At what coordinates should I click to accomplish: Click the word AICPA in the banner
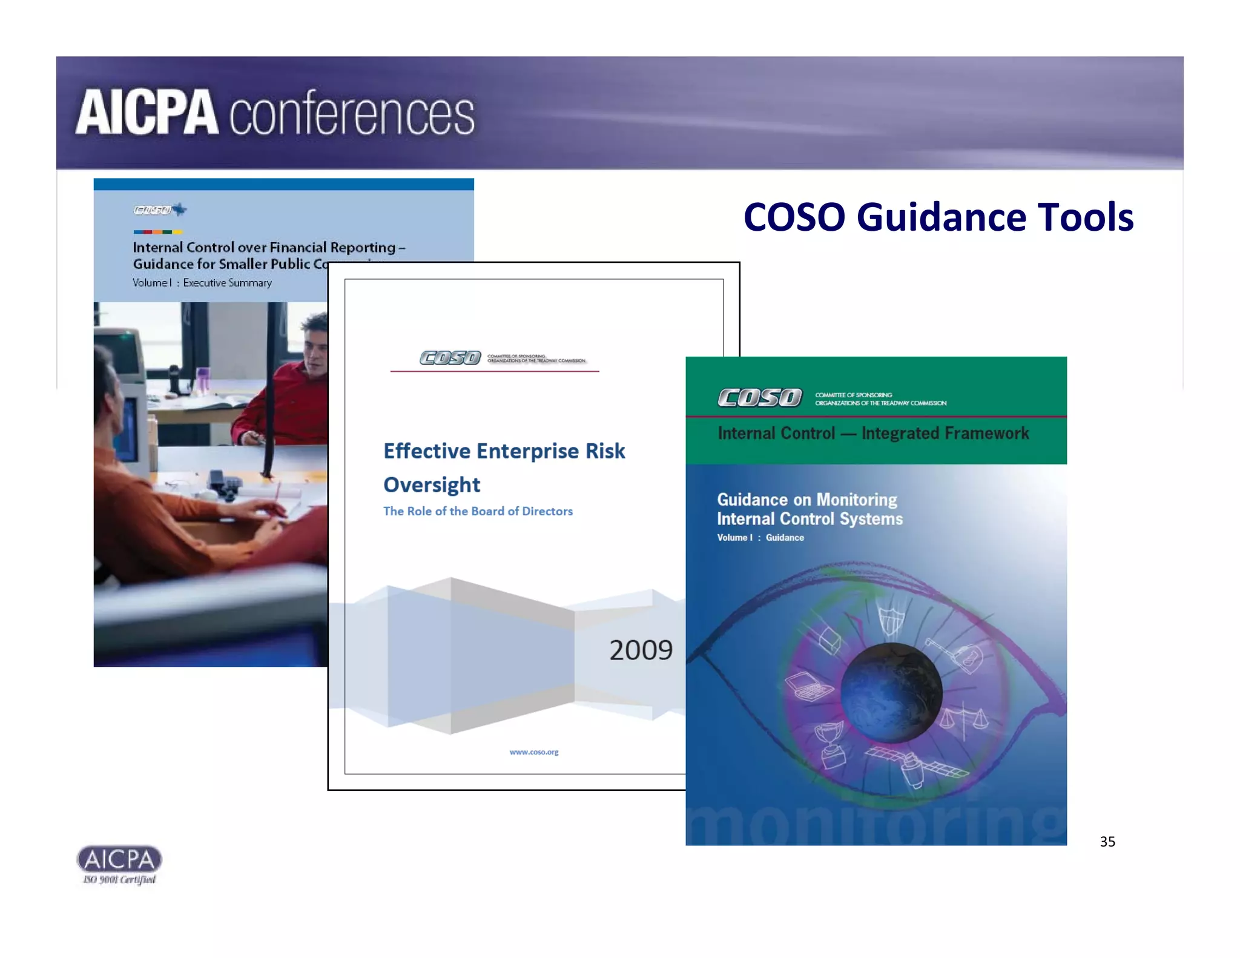[147, 113]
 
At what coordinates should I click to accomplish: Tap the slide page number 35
[1107, 841]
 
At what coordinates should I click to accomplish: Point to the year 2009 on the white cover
[641, 650]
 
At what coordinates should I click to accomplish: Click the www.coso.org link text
[534, 752]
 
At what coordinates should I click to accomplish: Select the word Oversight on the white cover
[432, 485]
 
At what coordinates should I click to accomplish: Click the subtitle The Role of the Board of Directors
[478, 511]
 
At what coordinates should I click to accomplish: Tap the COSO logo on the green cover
[760, 398]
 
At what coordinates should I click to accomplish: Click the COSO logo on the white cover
[450, 358]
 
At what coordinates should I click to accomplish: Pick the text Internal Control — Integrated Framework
[873, 434]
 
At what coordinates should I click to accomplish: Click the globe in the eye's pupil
[891, 692]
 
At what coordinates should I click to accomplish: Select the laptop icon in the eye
[809, 687]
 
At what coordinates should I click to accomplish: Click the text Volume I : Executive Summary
[202, 283]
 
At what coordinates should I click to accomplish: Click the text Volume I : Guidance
[760, 538]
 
